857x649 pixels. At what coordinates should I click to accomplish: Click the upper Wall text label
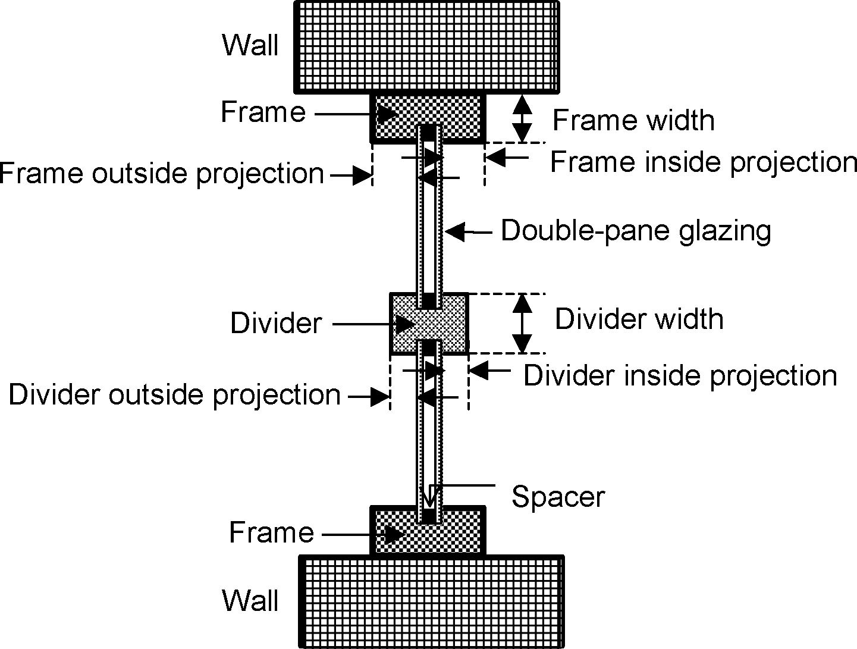pyautogui.click(x=250, y=45)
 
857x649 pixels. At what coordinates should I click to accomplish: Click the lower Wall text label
pyautogui.click(x=250, y=601)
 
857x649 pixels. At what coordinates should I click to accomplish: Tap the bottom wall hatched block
pyautogui.click(x=431, y=601)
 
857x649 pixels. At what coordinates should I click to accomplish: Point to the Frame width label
pyautogui.click(x=633, y=121)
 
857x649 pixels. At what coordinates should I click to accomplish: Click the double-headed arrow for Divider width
pyautogui.click(x=522, y=323)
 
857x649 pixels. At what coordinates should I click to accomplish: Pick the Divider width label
pyautogui.click(x=639, y=319)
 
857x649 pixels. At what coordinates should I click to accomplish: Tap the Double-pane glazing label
pyautogui.click(x=636, y=231)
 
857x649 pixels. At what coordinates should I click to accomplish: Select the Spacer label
pyautogui.click(x=558, y=497)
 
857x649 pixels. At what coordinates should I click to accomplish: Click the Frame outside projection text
pyautogui.click(x=162, y=174)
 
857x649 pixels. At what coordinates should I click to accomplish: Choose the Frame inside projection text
pyautogui.click(x=703, y=162)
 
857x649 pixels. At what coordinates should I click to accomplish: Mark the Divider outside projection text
pyautogui.click(x=175, y=395)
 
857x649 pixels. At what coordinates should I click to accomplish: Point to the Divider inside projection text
pyautogui.click(x=680, y=375)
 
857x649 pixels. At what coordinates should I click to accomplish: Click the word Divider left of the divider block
pyautogui.click(x=276, y=324)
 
